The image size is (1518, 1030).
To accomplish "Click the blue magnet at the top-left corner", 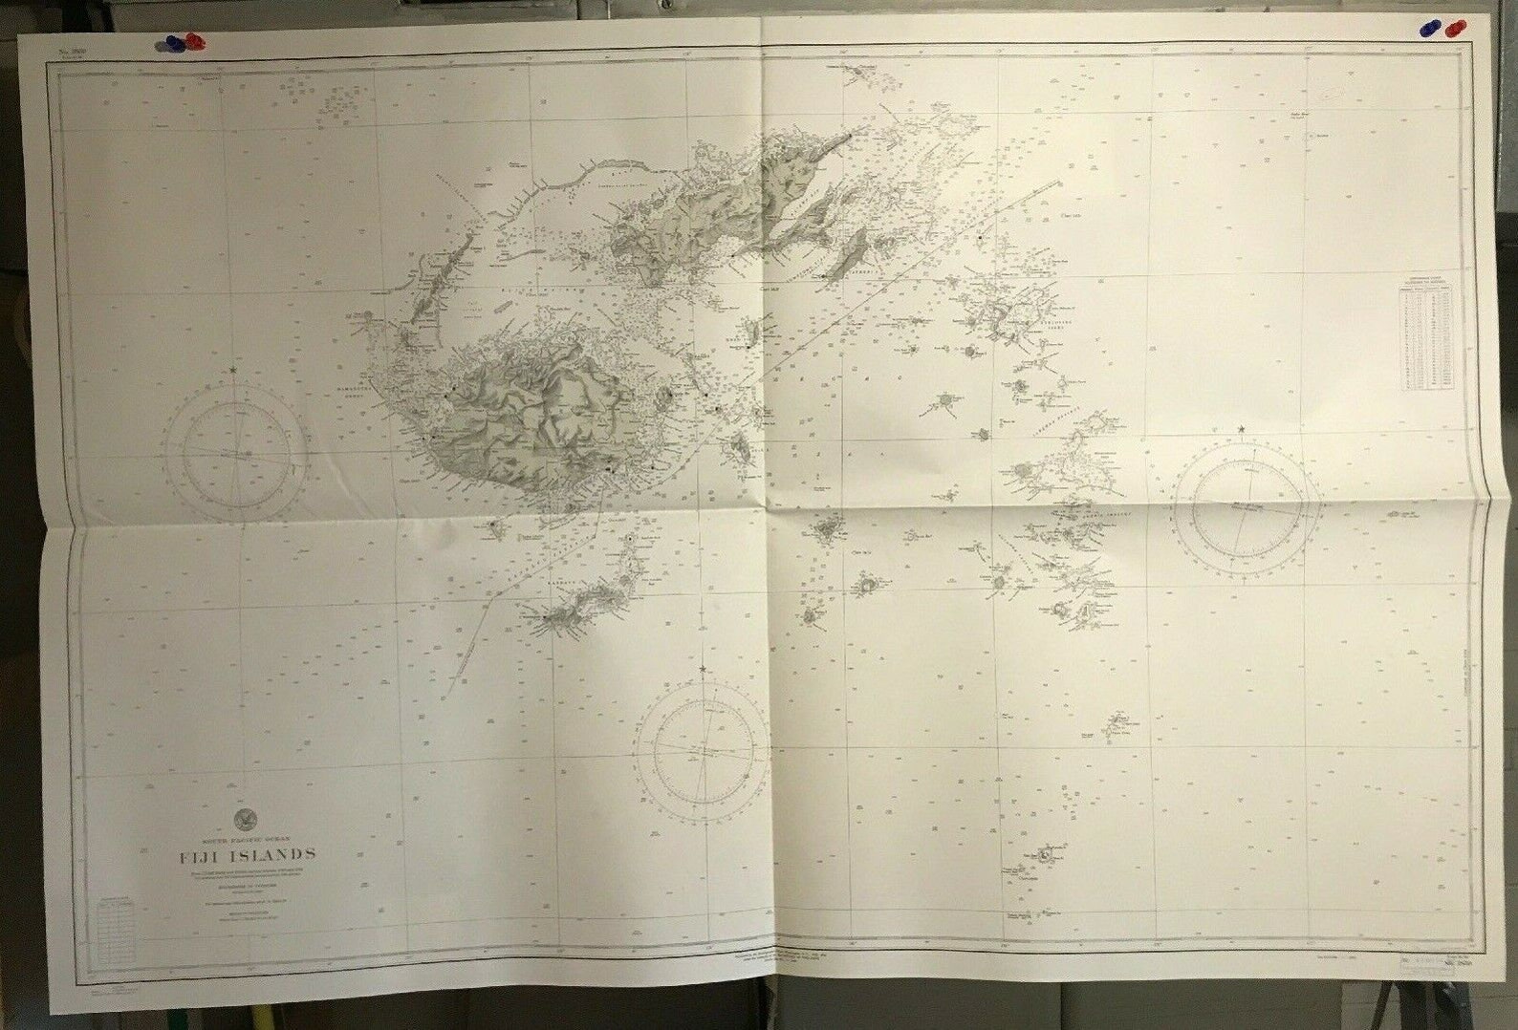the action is tap(173, 42).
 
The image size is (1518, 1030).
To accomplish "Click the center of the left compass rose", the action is tap(235, 449).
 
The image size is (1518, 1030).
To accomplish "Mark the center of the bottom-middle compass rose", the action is tap(704, 751).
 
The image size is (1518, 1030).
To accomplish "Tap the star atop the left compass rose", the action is tap(235, 368).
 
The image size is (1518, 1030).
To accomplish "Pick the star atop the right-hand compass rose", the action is tap(1242, 429).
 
